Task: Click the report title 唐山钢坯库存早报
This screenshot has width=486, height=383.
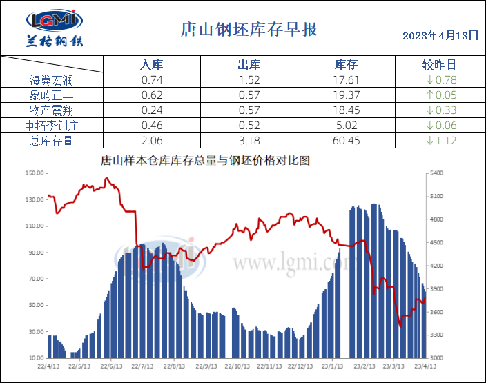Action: coord(249,30)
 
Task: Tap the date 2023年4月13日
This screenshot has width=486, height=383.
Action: coord(440,35)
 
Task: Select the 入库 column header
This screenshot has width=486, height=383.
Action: coord(151,65)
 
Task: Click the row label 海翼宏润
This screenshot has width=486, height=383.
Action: coord(52,80)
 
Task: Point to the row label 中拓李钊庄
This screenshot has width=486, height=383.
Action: coord(52,126)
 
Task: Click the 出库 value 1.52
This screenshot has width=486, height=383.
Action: coord(249,80)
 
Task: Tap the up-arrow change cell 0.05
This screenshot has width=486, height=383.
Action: coord(441,95)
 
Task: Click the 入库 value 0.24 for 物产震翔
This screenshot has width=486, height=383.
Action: coord(151,110)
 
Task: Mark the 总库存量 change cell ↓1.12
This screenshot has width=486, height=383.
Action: coord(441,141)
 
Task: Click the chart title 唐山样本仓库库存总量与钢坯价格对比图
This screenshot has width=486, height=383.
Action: coord(206,161)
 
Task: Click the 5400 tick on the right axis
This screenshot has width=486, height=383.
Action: coord(436,173)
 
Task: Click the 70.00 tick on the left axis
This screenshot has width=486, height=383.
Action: coord(35,279)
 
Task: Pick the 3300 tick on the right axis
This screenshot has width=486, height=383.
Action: coord(436,335)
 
